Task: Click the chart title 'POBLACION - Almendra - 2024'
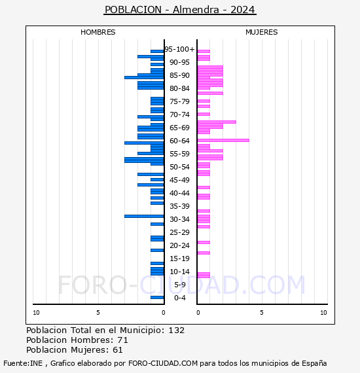point(180,10)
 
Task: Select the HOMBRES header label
point(98,32)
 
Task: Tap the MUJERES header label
point(262,32)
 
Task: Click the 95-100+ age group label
point(179,49)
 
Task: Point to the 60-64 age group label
point(179,141)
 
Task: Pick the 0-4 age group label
point(179,298)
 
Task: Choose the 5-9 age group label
point(179,285)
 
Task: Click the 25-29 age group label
point(179,232)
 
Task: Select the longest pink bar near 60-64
point(223,140)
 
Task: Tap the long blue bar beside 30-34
point(144,216)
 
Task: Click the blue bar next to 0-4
point(157,297)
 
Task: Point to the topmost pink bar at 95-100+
point(204,52)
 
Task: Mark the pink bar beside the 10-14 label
point(204,275)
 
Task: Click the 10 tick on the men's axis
point(36,313)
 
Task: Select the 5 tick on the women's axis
point(262,313)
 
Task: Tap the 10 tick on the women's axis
point(323,313)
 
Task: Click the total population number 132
point(177,330)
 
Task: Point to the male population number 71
point(123,340)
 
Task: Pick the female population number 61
point(118,350)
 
